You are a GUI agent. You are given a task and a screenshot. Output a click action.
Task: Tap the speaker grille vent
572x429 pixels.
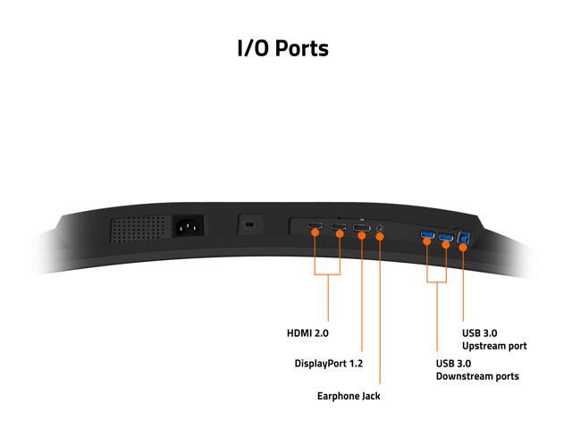pyautogui.click(x=139, y=229)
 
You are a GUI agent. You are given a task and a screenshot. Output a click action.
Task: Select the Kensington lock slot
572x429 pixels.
pyautogui.click(x=249, y=223)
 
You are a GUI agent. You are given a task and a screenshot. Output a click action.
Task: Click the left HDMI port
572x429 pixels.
pyautogui.click(x=315, y=230)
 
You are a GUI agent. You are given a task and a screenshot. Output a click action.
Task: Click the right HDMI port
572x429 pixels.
pyautogui.click(x=339, y=231)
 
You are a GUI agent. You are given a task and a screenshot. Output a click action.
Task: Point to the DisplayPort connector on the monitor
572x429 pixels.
pyautogui.click(x=362, y=231)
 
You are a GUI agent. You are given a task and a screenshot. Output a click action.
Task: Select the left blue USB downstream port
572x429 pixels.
pyautogui.click(x=426, y=237)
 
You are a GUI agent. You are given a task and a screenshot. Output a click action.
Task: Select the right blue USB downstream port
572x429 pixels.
pyautogui.click(x=446, y=238)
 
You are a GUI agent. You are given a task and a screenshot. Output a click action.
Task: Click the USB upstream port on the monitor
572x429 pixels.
pyautogui.click(x=463, y=239)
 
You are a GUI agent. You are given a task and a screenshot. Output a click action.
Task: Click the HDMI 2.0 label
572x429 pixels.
pyautogui.click(x=307, y=332)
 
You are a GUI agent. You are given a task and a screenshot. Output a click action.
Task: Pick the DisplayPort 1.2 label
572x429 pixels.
pyautogui.click(x=328, y=364)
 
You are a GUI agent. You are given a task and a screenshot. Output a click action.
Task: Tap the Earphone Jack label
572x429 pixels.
pyautogui.click(x=349, y=395)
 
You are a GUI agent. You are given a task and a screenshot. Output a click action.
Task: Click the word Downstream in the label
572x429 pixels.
pyautogui.click(x=465, y=376)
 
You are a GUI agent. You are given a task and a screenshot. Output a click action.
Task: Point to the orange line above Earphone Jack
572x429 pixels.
pyautogui.click(x=380, y=313)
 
